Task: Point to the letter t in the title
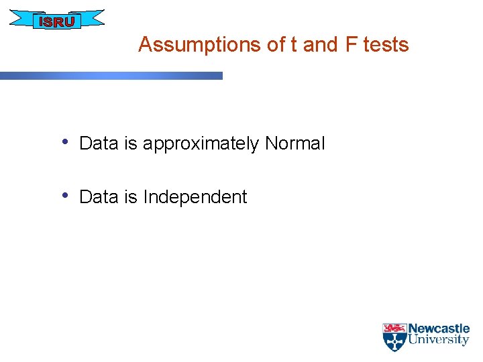coord(294,45)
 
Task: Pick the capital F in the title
coord(352,45)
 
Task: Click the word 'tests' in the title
coord(386,45)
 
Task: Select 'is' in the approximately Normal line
coord(130,143)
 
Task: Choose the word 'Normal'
coord(294,143)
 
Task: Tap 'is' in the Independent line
coord(130,197)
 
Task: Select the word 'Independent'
coord(195,197)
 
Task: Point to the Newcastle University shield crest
coord(394,338)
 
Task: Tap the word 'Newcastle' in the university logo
coord(439,328)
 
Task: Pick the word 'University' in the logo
coord(439,340)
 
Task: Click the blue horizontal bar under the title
coord(111,76)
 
